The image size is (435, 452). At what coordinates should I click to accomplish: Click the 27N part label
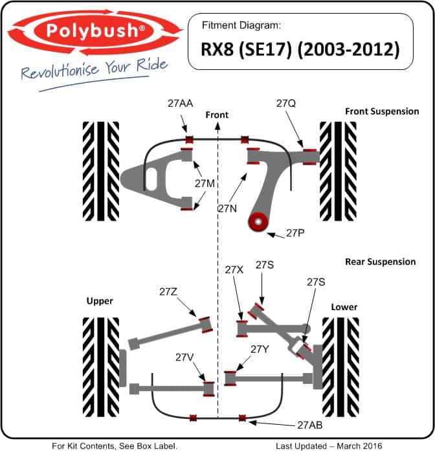[227, 208]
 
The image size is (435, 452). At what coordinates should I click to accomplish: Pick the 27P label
[296, 234]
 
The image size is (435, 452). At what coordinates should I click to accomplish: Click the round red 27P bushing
[258, 223]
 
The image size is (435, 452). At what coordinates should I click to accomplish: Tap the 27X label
[234, 269]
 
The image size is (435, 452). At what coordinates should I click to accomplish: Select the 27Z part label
[168, 292]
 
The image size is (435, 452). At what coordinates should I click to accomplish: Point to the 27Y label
[259, 350]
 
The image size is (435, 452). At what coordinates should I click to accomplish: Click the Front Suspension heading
[382, 111]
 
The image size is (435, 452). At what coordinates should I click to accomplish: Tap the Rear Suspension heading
[380, 262]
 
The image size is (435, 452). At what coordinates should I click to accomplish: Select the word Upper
[100, 301]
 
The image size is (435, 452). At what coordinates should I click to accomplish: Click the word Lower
[344, 307]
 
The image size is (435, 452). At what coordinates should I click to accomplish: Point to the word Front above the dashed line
[217, 115]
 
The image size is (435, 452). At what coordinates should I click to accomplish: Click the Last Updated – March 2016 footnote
[329, 446]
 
